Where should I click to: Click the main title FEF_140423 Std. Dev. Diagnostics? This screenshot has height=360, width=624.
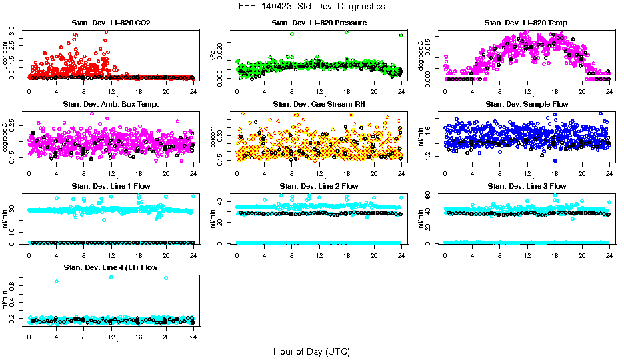click(311, 6)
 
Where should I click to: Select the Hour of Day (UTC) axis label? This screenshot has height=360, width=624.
click(311, 351)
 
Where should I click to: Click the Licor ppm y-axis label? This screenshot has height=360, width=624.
click(6, 55)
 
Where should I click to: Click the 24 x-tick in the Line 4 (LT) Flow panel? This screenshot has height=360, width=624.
click(193, 337)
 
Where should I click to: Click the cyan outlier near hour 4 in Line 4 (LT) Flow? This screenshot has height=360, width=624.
click(56, 281)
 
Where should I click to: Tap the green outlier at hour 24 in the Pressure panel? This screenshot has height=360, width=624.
click(401, 35)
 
